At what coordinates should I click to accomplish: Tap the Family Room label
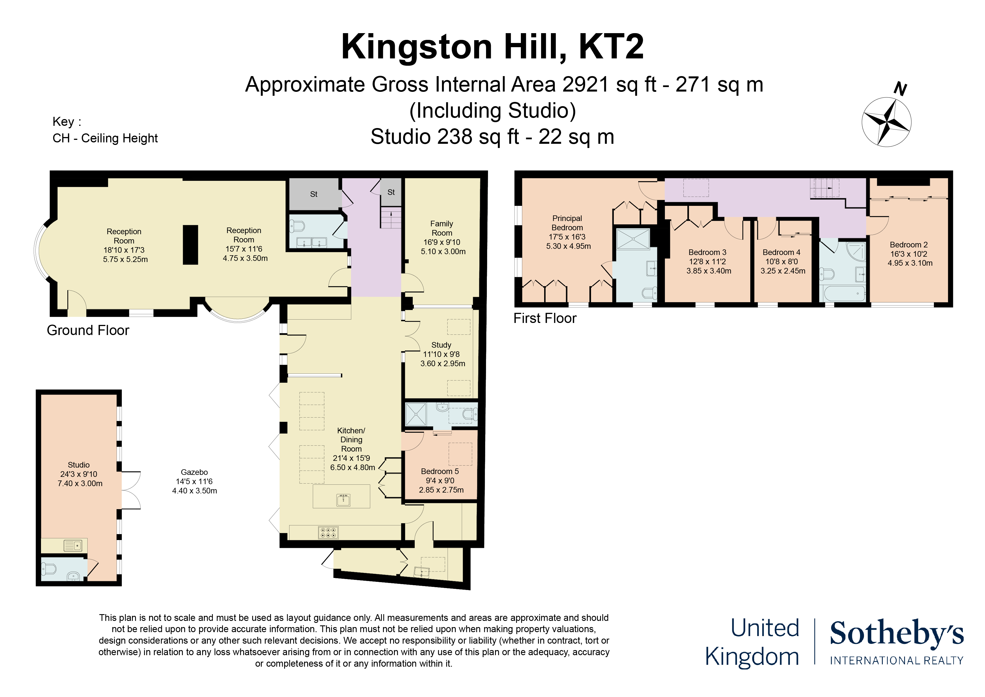442,228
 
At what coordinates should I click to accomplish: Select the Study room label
441,345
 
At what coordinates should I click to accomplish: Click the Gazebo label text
194,472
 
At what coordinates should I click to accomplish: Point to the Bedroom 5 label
440,471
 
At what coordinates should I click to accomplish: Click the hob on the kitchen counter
329,533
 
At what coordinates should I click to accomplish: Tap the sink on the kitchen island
343,500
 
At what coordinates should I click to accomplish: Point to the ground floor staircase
391,218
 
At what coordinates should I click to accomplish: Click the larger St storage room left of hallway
314,194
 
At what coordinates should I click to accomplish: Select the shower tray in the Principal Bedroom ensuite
633,239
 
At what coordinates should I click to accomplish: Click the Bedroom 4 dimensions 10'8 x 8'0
782,262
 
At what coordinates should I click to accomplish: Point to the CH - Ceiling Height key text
105,138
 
